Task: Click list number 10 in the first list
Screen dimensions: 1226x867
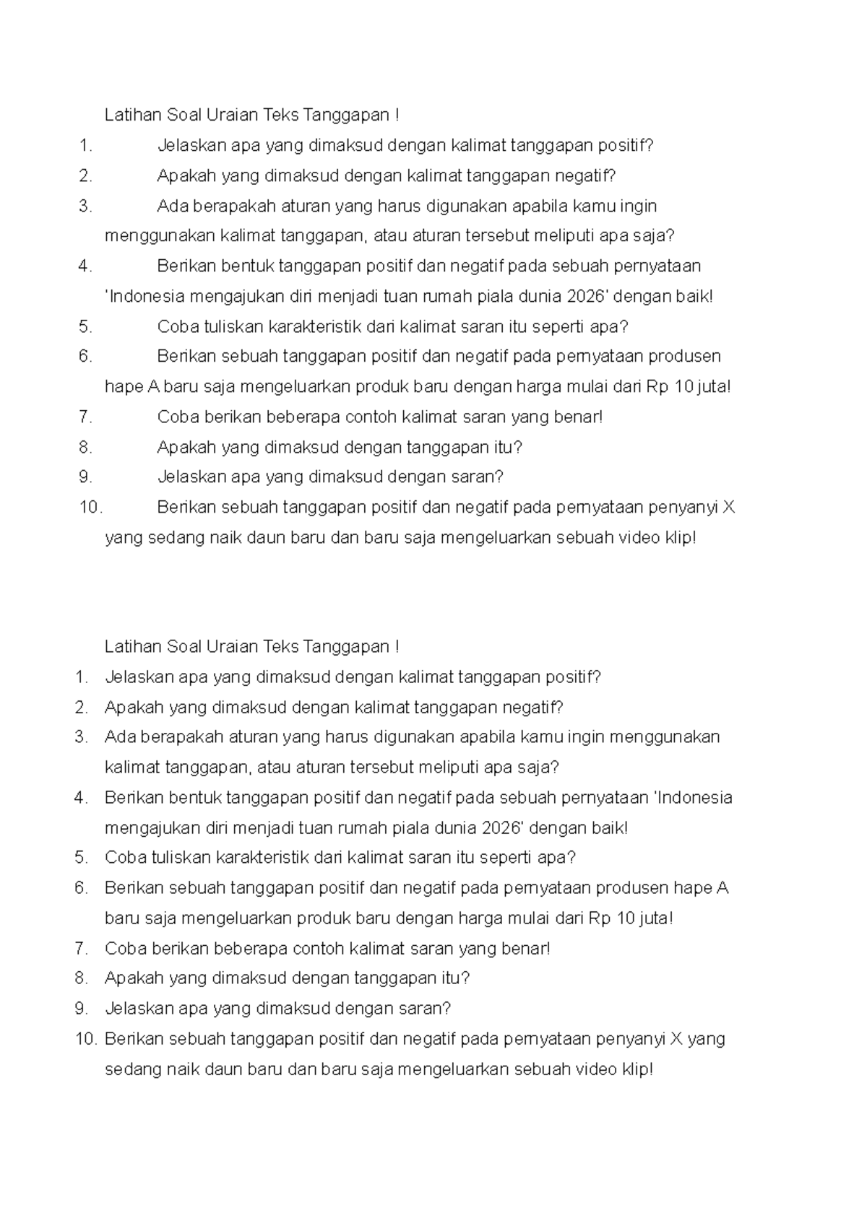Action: coord(90,507)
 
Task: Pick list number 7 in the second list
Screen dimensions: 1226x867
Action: coord(81,948)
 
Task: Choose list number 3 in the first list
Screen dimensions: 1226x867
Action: coord(86,206)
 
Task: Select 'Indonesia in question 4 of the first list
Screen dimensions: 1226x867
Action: coord(144,296)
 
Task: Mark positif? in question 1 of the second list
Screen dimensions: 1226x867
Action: coord(573,677)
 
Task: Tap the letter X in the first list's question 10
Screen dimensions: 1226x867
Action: coord(728,507)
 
